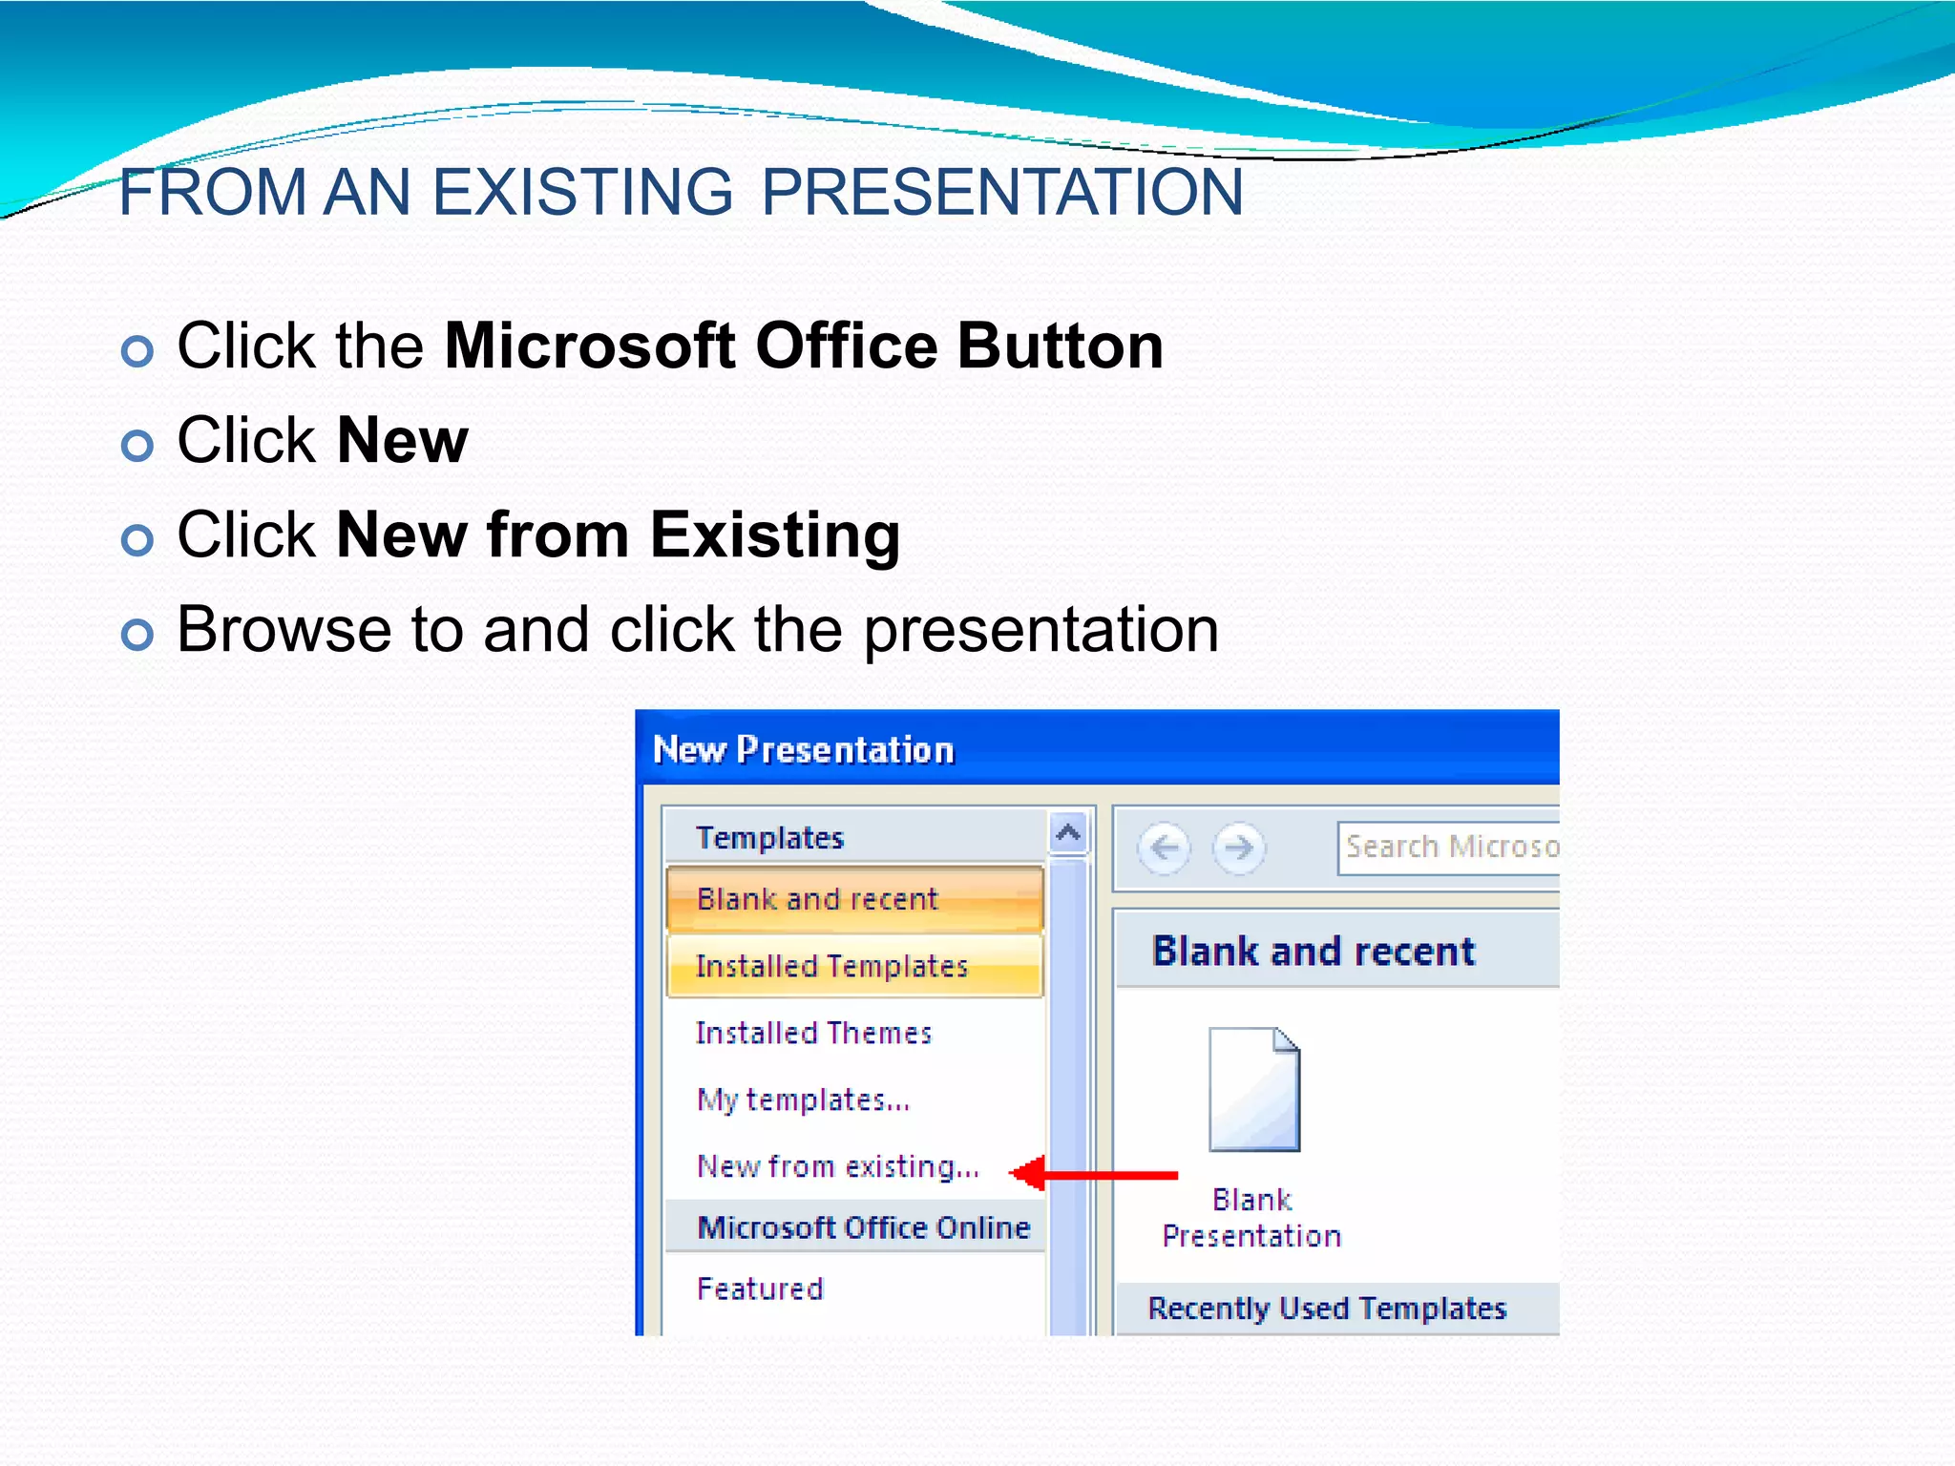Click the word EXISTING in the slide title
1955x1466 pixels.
coord(582,193)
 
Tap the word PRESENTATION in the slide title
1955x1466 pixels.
coord(1002,193)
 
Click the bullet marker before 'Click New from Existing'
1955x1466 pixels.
coord(137,540)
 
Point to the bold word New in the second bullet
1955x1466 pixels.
coord(402,441)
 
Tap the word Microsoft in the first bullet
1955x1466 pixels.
coord(589,346)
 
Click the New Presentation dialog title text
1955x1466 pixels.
coord(803,750)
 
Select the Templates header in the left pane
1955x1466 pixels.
coord(769,838)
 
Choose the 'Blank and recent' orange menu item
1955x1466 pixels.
coord(817,899)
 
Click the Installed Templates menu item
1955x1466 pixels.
coord(831,966)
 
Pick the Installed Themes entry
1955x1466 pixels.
coord(813,1033)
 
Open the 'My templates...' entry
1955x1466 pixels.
coord(803,1099)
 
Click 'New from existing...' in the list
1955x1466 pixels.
coord(838,1166)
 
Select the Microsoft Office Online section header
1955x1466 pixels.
coord(863,1227)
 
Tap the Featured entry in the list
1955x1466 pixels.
coord(760,1288)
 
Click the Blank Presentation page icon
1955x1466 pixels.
coord(1253,1090)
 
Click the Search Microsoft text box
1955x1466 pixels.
coord(1449,848)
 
